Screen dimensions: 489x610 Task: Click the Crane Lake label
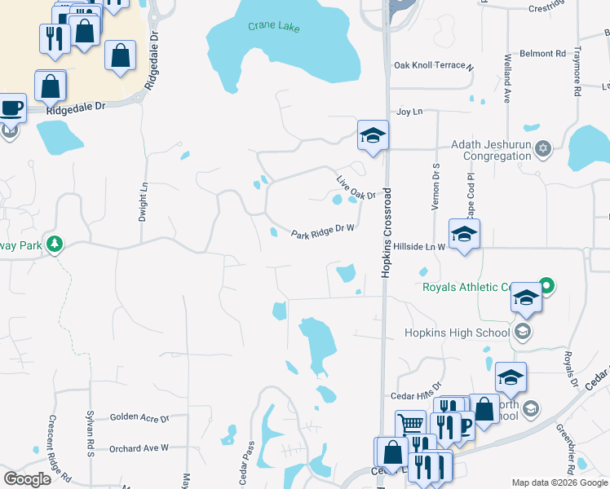(x=273, y=28)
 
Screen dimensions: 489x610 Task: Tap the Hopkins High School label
(x=457, y=333)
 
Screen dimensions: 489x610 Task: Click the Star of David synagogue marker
(x=544, y=148)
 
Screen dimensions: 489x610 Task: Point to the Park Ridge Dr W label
(x=323, y=231)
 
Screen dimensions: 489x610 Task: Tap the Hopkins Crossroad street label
(x=387, y=233)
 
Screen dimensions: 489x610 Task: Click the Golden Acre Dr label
(x=139, y=417)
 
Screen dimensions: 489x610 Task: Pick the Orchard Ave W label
(x=139, y=447)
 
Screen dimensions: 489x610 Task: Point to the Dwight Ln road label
(x=144, y=201)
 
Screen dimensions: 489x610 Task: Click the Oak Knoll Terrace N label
(x=432, y=65)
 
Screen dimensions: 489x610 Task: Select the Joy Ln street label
(x=409, y=112)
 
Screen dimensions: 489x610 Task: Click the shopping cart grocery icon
(x=410, y=424)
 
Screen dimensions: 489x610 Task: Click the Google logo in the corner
(x=28, y=479)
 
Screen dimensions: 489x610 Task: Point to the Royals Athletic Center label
(x=466, y=287)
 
